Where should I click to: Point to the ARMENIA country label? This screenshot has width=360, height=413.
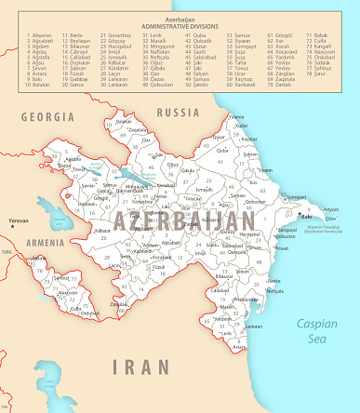(45, 243)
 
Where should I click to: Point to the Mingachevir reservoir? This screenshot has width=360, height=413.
(131, 174)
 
